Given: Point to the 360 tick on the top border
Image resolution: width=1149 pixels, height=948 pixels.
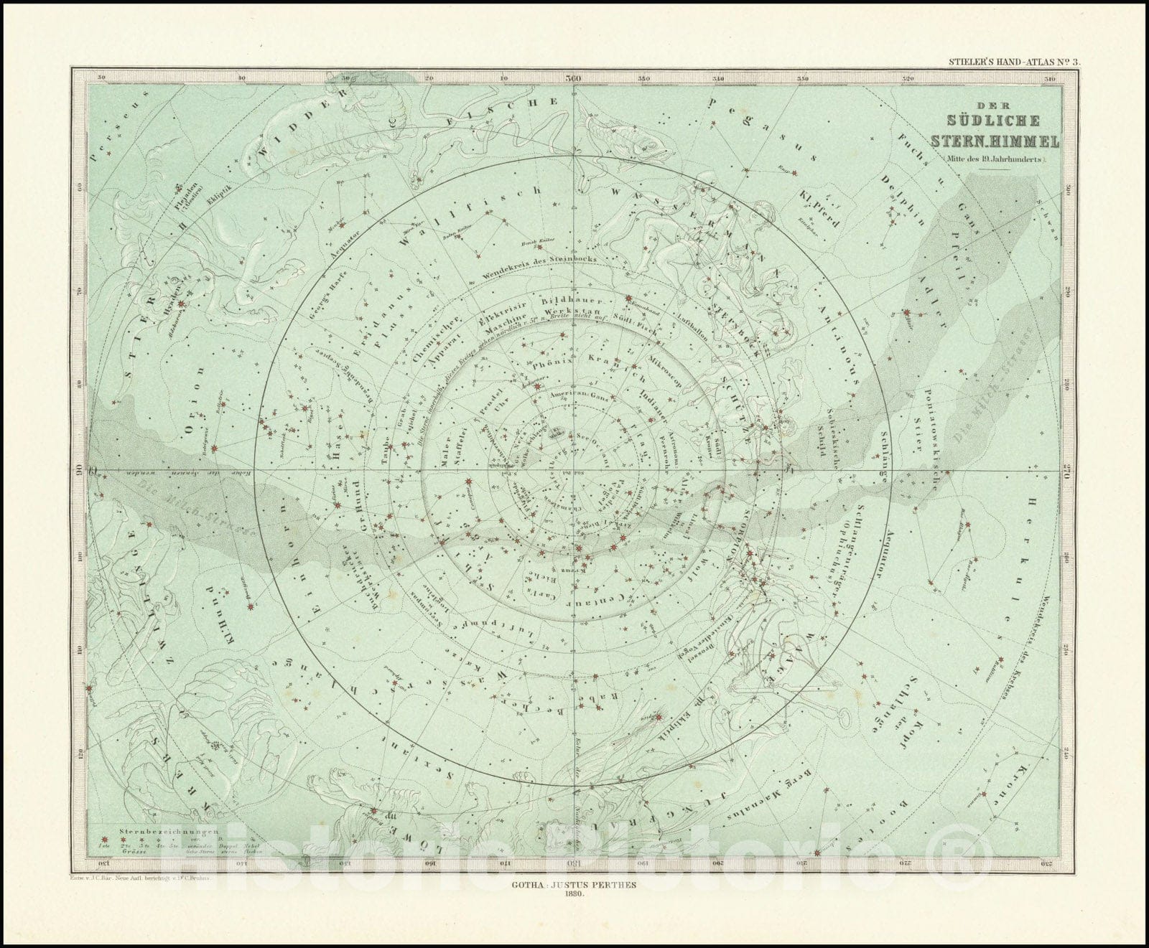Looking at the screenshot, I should pyautogui.click(x=573, y=79).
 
